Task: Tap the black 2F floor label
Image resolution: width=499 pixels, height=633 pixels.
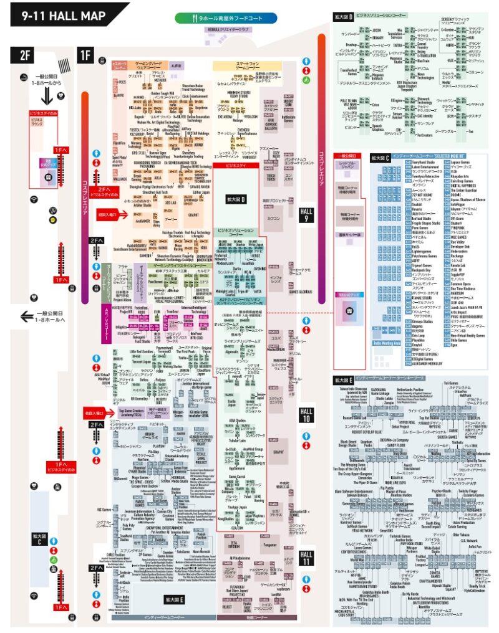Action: click(25, 54)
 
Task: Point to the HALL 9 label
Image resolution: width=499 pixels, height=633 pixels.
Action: click(306, 216)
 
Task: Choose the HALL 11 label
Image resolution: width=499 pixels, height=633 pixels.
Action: click(306, 556)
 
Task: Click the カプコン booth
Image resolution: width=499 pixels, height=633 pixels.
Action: click(273, 219)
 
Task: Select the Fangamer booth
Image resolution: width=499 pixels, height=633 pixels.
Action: click(269, 545)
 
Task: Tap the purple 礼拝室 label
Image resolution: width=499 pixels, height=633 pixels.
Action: click(176, 65)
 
